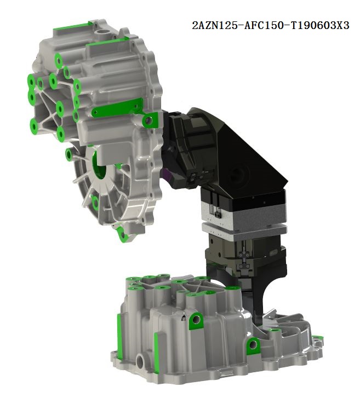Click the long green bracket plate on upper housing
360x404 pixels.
coord(117,107)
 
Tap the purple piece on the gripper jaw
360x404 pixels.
coord(167,176)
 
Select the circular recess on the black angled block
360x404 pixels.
coord(238,175)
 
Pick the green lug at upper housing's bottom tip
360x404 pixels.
coord(122,234)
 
